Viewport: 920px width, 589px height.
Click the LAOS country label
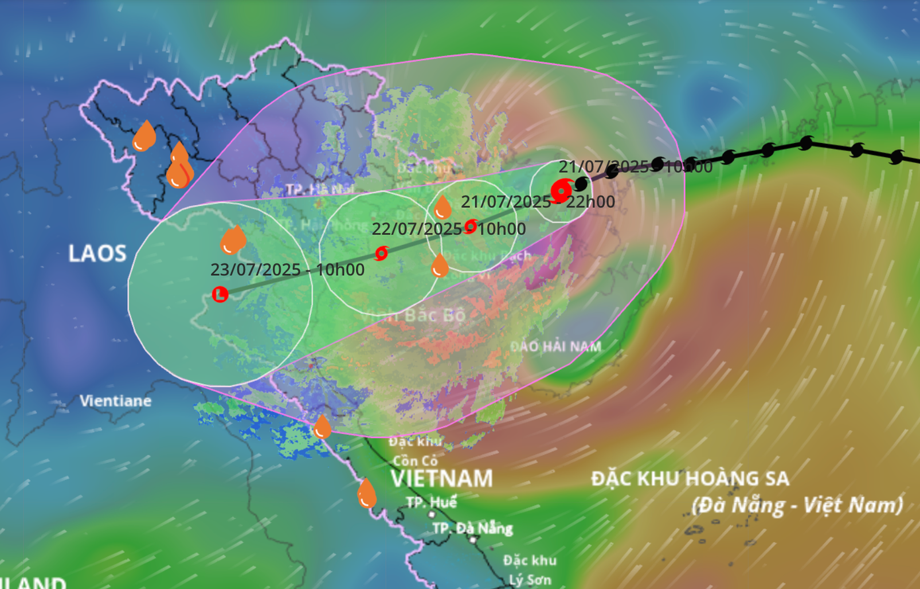click(97, 253)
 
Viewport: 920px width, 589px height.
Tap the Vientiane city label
click(116, 400)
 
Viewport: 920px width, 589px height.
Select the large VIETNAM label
click(441, 478)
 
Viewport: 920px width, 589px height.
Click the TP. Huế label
click(432, 502)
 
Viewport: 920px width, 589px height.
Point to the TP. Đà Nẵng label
click(473, 528)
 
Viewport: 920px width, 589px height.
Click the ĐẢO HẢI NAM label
click(556, 346)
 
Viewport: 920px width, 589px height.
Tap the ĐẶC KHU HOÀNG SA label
click(690, 478)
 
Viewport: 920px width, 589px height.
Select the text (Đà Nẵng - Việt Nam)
click(798, 505)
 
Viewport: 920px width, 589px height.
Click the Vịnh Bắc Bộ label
click(412, 316)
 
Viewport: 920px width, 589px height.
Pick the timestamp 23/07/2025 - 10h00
click(287, 270)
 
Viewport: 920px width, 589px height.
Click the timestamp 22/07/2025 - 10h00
click(449, 229)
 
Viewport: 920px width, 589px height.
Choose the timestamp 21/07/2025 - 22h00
click(538, 202)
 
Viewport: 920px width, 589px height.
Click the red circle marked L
click(220, 294)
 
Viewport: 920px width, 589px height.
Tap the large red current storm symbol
click(561, 191)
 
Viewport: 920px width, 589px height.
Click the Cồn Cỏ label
click(415, 461)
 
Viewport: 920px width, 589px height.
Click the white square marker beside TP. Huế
click(432, 514)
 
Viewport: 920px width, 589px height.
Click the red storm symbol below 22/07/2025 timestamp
click(381, 253)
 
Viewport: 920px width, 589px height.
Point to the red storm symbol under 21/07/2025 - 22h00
click(471, 226)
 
